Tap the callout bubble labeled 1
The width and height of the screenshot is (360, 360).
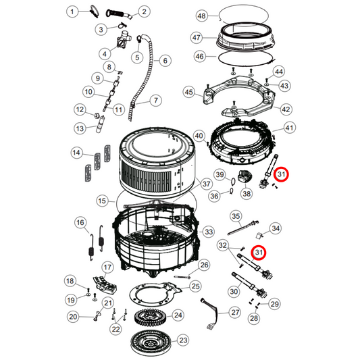74,11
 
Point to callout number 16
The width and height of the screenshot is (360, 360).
80,223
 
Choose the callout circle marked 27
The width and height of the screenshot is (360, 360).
234,313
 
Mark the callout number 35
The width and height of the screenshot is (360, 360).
236,216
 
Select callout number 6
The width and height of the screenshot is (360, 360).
163,61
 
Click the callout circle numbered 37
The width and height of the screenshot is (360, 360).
207,184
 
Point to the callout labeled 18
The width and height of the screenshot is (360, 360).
70,281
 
